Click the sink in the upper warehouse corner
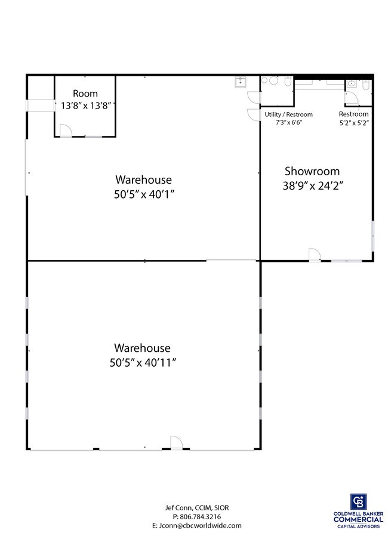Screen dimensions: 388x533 (x=241, y=82)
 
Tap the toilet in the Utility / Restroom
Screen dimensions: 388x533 (x=288, y=82)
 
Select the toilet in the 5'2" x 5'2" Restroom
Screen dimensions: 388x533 (x=366, y=85)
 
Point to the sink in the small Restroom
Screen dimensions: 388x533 (x=352, y=83)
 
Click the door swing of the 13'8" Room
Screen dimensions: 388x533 (x=65, y=131)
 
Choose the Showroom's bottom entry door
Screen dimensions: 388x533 (x=315, y=254)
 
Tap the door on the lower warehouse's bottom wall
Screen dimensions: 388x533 (x=176, y=442)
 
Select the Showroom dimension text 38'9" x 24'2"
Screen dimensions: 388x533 (x=312, y=185)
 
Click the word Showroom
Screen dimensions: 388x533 (x=312, y=171)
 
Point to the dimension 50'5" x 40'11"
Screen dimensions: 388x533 (x=143, y=362)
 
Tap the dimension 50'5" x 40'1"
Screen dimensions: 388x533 (x=144, y=194)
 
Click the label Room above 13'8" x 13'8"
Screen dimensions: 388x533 (x=85, y=94)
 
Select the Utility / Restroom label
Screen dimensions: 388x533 (x=289, y=114)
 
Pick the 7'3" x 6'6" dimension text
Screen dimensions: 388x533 (x=289, y=122)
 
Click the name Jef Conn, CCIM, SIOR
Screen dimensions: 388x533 (x=197, y=508)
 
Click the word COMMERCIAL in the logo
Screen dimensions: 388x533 (x=358, y=520)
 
